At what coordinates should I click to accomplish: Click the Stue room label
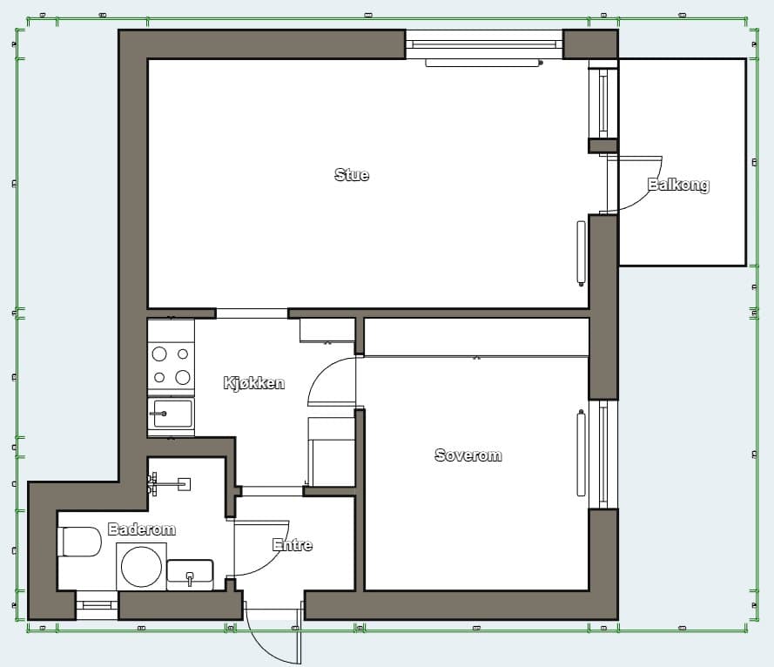[x=352, y=175]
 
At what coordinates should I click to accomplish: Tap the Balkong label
[x=678, y=185]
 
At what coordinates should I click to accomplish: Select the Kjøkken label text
[x=254, y=382]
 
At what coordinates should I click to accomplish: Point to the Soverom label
[x=468, y=455]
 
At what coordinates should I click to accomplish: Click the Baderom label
[x=142, y=529]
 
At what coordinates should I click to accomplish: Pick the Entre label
[x=293, y=544]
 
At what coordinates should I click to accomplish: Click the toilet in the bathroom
[x=79, y=542]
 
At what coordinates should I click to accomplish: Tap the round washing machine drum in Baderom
[x=141, y=567]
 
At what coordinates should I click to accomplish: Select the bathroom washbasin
[x=190, y=574]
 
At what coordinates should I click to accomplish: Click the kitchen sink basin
[x=171, y=414]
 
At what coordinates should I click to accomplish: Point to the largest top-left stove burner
[x=159, y=354]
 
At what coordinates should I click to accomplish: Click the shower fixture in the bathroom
[x=169, y=484]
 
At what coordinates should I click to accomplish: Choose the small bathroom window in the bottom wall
[x=97, y=605]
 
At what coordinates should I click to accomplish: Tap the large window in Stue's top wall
[x=484, y=44]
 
